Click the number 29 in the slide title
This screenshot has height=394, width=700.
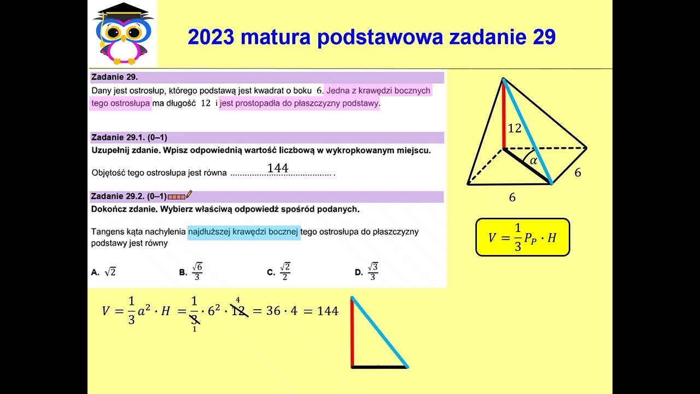click(543, 37)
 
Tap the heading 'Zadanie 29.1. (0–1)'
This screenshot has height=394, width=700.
click(129, 137)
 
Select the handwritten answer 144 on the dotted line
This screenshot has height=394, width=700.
click(278, 168)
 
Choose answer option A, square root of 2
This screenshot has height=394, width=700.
click(104, 272)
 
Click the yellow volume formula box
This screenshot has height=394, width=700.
click(522, 237)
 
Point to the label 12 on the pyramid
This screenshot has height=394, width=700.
click(514, 129)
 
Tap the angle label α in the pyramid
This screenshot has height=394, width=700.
click(534, 161)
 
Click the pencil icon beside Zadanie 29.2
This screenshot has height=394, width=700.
click(189, 194)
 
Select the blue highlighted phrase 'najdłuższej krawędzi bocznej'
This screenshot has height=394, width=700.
click(244, 232)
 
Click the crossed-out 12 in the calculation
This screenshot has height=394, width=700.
click(238, 311)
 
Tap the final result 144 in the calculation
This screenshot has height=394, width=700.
click(328, 311)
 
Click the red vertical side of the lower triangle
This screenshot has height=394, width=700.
click(353, 334)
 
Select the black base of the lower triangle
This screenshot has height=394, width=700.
click(380, 367)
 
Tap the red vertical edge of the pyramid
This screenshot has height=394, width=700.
click(504, 115)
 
